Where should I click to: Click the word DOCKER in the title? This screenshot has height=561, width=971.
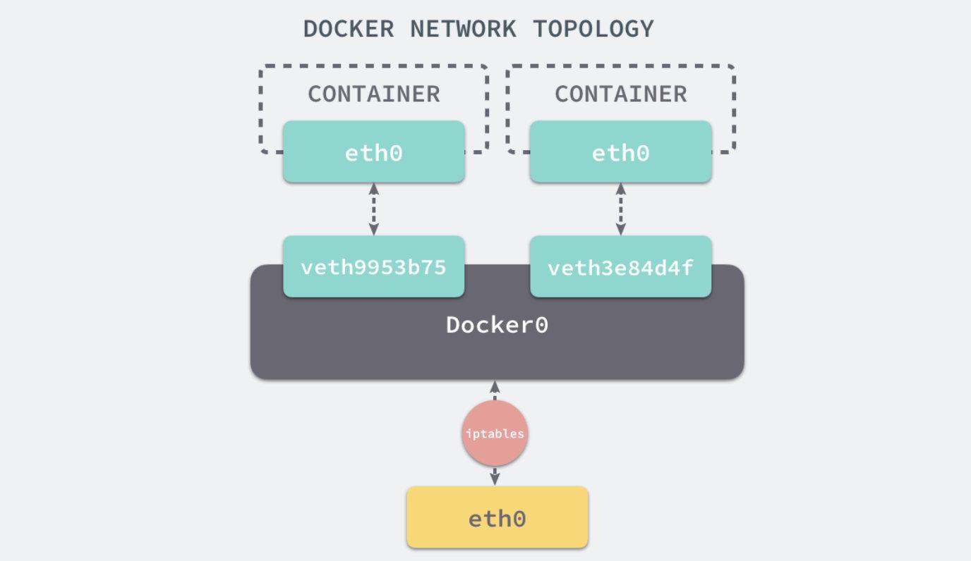[349, 29]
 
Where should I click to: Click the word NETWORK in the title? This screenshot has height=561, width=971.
[463, 29]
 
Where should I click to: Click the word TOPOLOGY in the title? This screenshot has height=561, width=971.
[593, 29]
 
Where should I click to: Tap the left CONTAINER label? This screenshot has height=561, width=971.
[373, 94]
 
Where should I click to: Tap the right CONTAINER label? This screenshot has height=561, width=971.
[620, 94]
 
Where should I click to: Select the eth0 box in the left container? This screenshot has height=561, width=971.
[373, 152]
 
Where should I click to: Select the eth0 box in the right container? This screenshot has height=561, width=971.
[620, 152]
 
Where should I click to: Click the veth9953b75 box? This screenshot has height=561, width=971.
[373, 267]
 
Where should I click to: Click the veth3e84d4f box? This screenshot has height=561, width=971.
[620, 267]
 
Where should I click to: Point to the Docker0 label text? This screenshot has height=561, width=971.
[497, 325]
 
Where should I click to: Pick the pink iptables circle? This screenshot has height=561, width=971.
[495, 433]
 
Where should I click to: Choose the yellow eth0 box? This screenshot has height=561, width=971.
[497, 518]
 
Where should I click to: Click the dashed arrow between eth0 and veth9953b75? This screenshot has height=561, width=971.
[373, 209]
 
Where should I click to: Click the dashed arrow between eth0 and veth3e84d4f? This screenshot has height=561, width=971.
[620, 209]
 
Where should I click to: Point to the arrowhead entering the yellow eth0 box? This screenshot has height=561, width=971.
[495, 479]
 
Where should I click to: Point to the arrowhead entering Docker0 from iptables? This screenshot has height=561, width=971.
[495, 386]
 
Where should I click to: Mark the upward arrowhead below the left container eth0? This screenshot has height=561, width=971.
[373, 189]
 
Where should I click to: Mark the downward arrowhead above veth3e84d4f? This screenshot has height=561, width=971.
[620, 229]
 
